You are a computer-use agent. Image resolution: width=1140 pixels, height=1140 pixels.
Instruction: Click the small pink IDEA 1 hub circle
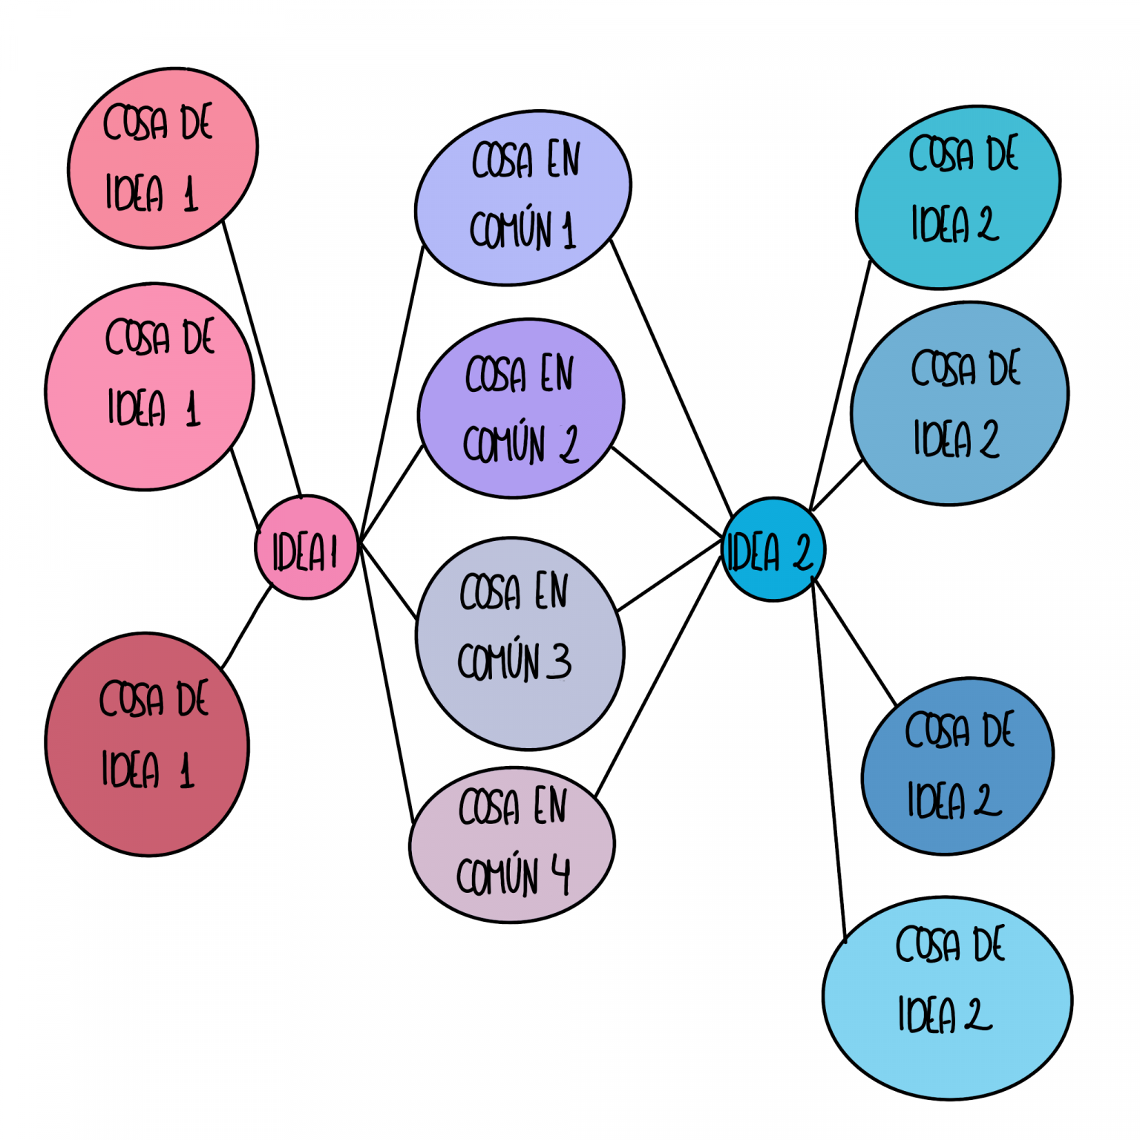(306, 548)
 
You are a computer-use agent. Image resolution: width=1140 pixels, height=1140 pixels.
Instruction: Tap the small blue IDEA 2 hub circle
(773, 549)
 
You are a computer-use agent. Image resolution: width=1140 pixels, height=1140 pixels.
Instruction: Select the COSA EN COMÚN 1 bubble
(522, 197)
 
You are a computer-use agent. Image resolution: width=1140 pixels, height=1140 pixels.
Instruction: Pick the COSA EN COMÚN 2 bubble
(520, 408)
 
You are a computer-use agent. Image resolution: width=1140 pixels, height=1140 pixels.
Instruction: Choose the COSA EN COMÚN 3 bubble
(520, 643)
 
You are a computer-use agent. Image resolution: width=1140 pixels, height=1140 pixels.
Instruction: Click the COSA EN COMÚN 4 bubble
(511, 845)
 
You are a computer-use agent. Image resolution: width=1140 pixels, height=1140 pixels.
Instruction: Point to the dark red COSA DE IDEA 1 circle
(147, 744)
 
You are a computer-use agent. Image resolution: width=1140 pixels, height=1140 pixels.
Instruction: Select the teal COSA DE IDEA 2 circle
(957, 197)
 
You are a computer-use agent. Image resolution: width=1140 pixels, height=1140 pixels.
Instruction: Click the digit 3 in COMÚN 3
(559, 661)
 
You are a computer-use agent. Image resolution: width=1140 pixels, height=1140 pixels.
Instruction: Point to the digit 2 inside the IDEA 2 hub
(802, 553)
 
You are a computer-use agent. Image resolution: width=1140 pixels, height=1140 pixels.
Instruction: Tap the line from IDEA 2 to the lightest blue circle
(829, 757)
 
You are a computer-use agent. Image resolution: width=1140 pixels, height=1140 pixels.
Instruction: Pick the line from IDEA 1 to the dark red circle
(246, 627)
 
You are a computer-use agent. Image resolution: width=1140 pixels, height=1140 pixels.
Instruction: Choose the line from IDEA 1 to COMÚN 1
(391, 393)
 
